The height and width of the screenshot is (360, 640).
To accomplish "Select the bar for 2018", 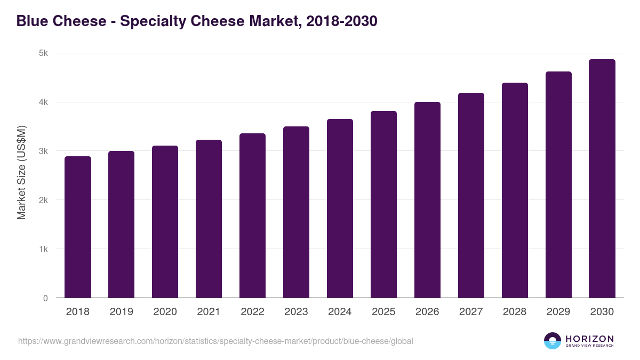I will (78, 227).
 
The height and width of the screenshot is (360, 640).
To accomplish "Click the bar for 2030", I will (602, 179).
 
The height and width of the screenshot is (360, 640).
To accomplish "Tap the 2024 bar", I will (340, 209).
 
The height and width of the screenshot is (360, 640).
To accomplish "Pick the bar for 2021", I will (209, 219).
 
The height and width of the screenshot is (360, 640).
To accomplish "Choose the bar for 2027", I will (471, 195).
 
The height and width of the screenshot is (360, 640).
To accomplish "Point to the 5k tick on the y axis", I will (43, 53).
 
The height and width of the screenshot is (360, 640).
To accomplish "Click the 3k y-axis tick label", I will (43, 151).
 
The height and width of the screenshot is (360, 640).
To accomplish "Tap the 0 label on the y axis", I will (45, 298).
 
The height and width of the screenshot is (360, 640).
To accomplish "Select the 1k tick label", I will (43, 249).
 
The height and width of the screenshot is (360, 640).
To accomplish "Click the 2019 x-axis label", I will (122, 312).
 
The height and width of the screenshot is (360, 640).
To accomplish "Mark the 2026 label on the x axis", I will (427, 312).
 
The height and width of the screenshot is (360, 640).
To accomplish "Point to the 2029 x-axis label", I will (558, 312).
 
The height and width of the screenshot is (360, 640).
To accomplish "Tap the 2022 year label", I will (252, 312).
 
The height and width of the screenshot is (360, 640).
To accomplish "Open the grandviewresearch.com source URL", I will (215, 341).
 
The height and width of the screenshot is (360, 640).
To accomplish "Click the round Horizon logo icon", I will (553, 341).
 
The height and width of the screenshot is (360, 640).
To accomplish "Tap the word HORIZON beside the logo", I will (589, 339).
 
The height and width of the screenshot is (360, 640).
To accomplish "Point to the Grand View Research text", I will (589, 346).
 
